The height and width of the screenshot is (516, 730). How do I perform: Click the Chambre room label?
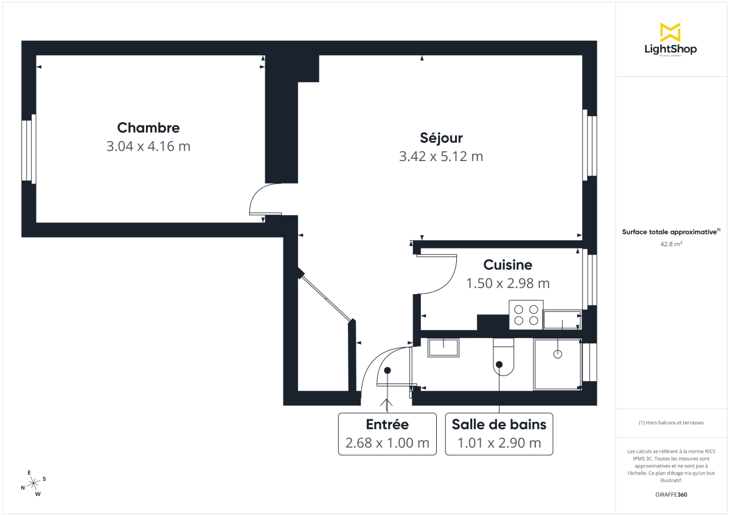tap(148, 128)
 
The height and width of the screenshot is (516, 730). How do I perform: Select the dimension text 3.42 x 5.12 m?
tap(441, 156)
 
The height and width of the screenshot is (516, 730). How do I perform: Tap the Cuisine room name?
tap(507, 265)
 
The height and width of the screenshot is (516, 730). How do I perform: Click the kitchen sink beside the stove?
tap(562, 319)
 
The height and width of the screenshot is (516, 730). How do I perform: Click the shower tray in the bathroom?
tap(557, 363)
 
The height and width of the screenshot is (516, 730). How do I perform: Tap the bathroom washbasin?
tap(443, 348)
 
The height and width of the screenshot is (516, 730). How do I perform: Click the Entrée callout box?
tap(388, 434)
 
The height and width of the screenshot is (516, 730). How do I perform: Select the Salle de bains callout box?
tap(499, 434)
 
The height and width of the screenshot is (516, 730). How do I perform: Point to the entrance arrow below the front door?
tap(388, 403)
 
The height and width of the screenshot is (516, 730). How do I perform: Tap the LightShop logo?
tap(670, 40)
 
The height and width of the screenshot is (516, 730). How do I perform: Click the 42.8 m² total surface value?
tap(670, 244)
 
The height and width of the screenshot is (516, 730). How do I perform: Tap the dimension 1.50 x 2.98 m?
tap(507, 283)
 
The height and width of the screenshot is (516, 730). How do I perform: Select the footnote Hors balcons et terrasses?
tap(671, 422)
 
